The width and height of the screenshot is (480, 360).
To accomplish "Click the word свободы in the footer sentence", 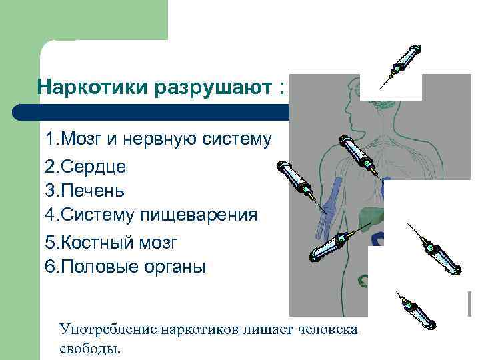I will tap(88, 348).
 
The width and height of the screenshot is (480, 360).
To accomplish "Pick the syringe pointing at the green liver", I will tap(332, 243).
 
